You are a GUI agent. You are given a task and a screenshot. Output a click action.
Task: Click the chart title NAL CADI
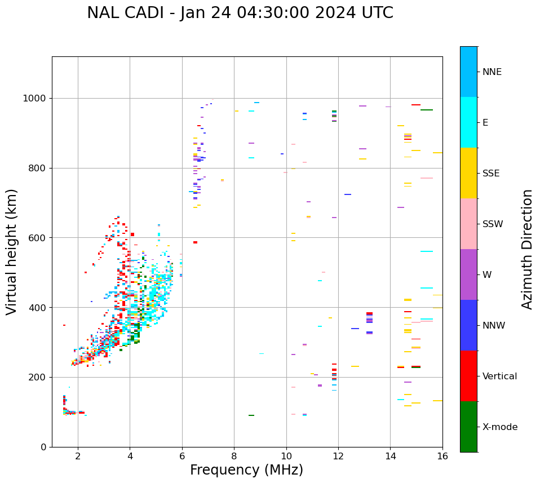pos(240,13)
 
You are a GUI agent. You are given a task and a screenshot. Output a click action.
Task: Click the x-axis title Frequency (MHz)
pos(246,470)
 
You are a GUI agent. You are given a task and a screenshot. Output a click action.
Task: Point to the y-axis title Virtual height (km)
pos(12,251)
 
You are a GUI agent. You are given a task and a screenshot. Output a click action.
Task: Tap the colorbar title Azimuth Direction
pos(527,249)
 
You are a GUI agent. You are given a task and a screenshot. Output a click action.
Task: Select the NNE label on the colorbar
pos(492,72)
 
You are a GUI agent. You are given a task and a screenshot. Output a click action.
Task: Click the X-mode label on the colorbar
pos(499,427)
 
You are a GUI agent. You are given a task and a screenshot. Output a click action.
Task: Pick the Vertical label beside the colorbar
pos(499,376)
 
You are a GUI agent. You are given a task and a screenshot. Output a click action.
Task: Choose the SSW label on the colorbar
pos(493,224)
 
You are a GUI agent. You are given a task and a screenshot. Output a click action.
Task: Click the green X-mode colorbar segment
pos(468,427)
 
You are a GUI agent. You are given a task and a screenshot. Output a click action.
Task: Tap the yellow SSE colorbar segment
pos(468,173)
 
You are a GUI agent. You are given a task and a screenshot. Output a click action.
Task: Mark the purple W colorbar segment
pos(468,274)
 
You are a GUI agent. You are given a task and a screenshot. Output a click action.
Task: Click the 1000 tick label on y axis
pos(36,99)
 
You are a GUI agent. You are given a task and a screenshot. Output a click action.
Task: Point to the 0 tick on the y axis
pos(43,447)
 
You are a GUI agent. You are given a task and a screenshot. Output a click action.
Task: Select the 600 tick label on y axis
pos(38,238)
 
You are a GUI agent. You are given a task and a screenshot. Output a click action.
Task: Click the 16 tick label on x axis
pos(442,456)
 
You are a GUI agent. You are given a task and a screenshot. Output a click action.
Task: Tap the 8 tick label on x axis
pos(234,456)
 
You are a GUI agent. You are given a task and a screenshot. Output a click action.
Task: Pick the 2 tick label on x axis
pos(78,456)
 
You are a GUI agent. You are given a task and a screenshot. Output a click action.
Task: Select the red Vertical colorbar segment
pos(468,376)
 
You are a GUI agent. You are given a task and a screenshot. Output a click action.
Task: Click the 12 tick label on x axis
pos(338,456)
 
